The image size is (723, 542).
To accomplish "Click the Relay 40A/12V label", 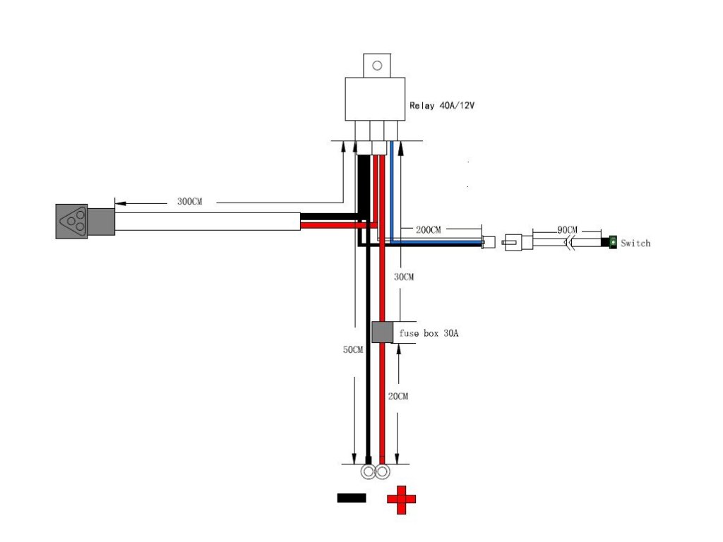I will pos(441,106).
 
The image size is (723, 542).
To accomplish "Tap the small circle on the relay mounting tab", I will pos(377,66).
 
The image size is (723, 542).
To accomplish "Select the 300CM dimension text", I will pos(189,202).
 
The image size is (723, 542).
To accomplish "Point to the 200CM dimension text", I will pos(428,230).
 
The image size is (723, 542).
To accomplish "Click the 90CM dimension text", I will pos(567,230).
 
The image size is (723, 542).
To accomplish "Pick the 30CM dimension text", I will pos(403,277).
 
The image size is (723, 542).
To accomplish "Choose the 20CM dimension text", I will pos(398,397).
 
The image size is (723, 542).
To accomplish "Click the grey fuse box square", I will pos(382,332).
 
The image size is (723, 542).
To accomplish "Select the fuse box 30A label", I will pos(429,333).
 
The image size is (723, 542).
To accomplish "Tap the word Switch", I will pos(635,243).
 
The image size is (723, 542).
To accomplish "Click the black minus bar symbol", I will pos(352,498).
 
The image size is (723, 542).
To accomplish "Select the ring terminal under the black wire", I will pos(368,472).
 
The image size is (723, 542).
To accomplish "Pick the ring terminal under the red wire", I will pos(382,472).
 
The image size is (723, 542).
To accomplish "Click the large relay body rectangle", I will pos(375,99).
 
